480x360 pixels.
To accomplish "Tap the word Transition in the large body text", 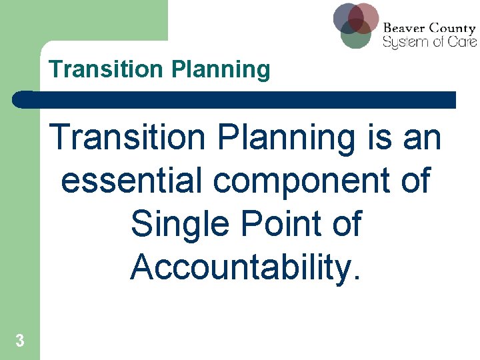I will (x=132, y=139).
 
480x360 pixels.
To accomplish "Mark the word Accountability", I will (x=246, y=267).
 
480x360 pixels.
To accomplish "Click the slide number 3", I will (x=20, y=341).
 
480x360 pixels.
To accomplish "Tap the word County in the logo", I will (x=453, y=29).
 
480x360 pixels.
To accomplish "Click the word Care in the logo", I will (x=464, y=41).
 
